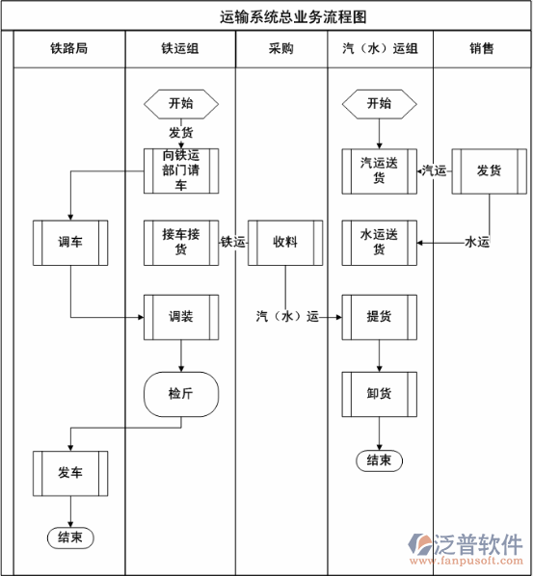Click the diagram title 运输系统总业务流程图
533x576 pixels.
(x=279, y=17)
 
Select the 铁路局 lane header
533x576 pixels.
(x=69, y=49)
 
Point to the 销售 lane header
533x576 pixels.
(x=482, y=49)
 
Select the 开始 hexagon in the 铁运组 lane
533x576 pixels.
(x=180, y=103)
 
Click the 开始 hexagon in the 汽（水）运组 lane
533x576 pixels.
(x=379, y=103)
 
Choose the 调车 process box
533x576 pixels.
(x=69, y=243)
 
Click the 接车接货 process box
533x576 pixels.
(x=181, y=243)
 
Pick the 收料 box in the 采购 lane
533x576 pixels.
(x=284, y=243)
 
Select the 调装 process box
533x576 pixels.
(x=181, y=316)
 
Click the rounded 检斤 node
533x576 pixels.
(x=181, y=393)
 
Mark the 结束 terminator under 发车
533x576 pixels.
(x=69, y=537)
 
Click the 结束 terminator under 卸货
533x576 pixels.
(x=379, y=460)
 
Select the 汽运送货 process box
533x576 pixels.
(x=379, y=170)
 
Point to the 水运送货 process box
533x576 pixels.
(x=379, y=243)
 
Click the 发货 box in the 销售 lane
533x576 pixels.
(x=489, y=170)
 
